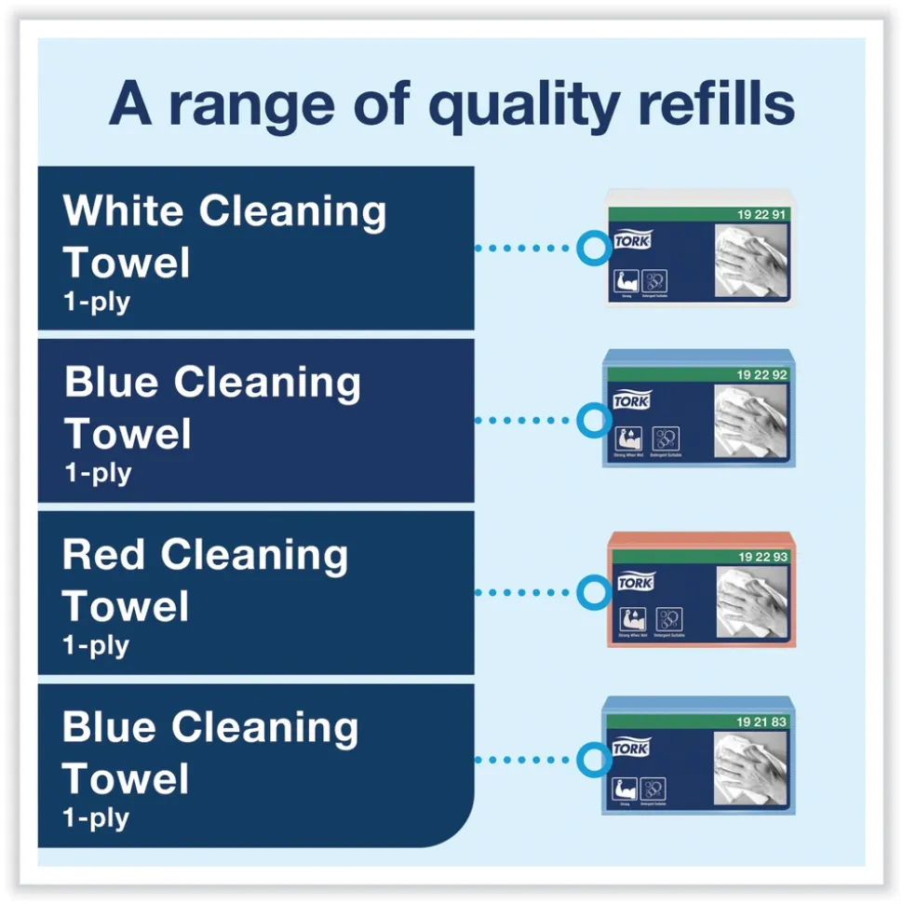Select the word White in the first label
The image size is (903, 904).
pos(124,212)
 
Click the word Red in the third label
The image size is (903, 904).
pos(103,556)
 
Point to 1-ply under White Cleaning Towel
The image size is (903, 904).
pos(97,303)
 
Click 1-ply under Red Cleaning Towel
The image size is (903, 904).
pos(96,645)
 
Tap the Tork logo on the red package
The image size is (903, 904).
pos(635,582)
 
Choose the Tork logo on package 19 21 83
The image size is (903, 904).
pos(631,749)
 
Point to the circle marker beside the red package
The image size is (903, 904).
pos(592,592)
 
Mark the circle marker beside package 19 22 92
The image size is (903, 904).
pos(592,420)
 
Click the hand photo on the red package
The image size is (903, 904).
pos(751,602)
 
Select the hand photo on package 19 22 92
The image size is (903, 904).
pos(751,423)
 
